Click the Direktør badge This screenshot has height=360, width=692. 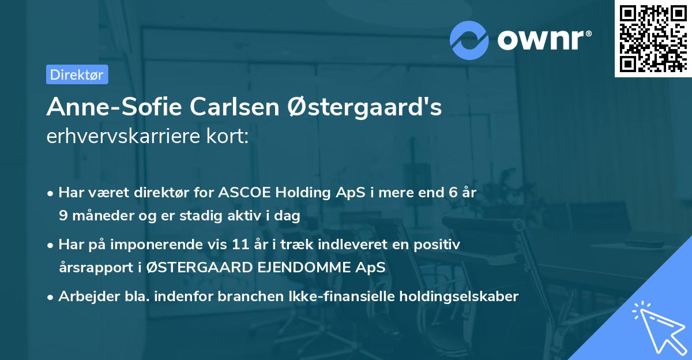pos(77,74)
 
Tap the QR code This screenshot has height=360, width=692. pos(653,38)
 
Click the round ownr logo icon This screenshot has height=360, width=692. pos(469,39)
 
